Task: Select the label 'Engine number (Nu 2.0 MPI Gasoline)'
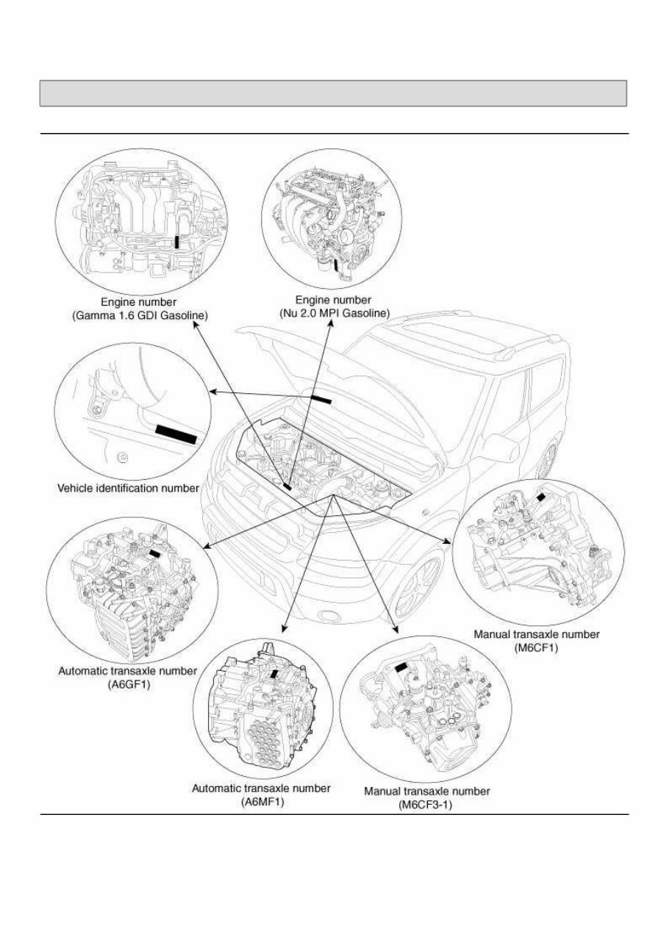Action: pos(332,306)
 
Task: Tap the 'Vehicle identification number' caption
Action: pos(128,488)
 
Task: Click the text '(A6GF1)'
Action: pos(127,683)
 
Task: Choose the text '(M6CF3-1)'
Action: pos(426,805)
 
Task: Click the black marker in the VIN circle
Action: pos(176,434)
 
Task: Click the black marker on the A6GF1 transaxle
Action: pos(155,553)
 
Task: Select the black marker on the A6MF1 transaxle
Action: pos(274,673)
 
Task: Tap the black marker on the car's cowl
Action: pos(321,398)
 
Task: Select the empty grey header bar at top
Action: pos(334,93)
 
